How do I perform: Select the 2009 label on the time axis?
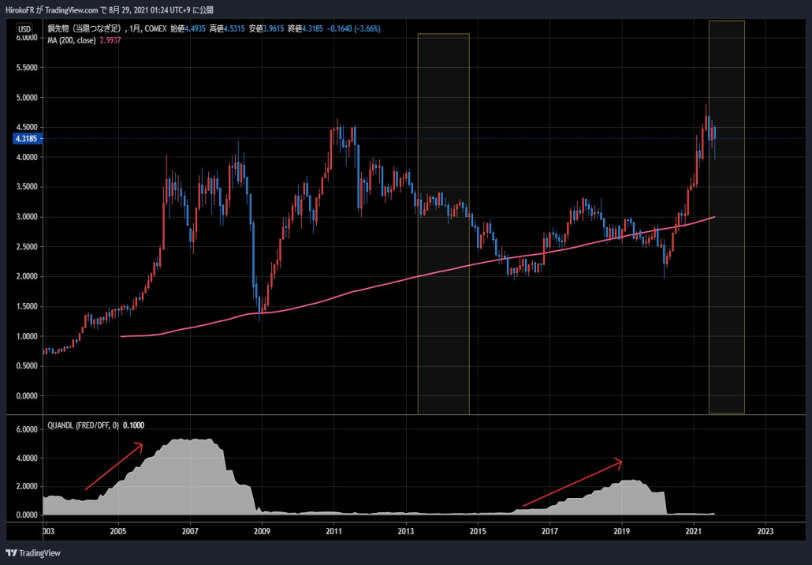click(x=262, y=530)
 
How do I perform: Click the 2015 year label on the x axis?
click(x=478, y=530)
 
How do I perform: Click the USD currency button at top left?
click(x=26, y=29)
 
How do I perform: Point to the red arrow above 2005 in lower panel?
click(x=114, y=466)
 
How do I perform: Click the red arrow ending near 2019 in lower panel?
click(x=572, y=483)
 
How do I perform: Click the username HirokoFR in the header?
click(x=21, y=8)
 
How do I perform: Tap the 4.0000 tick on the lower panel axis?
click(x=27, y=458)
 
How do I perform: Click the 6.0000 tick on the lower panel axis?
click(x=27, y=429)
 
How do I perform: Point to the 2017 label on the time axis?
click(x=549, y=530)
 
